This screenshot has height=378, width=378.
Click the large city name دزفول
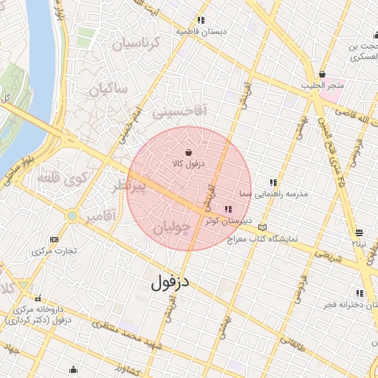click(x=171, y=282)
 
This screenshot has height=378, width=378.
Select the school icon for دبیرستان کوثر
click(x=227, y=210)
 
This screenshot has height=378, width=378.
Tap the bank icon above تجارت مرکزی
click(x=54, y=239)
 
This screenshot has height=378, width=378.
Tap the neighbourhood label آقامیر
click(x=99, y=217)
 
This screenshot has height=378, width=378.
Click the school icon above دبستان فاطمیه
click(x=199, y=21)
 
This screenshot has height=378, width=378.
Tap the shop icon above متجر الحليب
click(x=322, y=74)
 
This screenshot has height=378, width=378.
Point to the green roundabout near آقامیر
click(x=72, y=216)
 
